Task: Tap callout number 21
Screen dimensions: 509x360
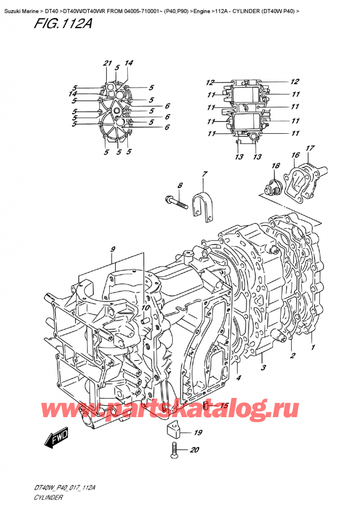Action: (x=107, y=64)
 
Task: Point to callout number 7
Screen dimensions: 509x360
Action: (x=204, y=175)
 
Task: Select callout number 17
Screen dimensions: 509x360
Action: (x=310, y=148)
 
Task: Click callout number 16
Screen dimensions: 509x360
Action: (x=295, y=155)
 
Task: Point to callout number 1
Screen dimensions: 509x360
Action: (x=313, y=347)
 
